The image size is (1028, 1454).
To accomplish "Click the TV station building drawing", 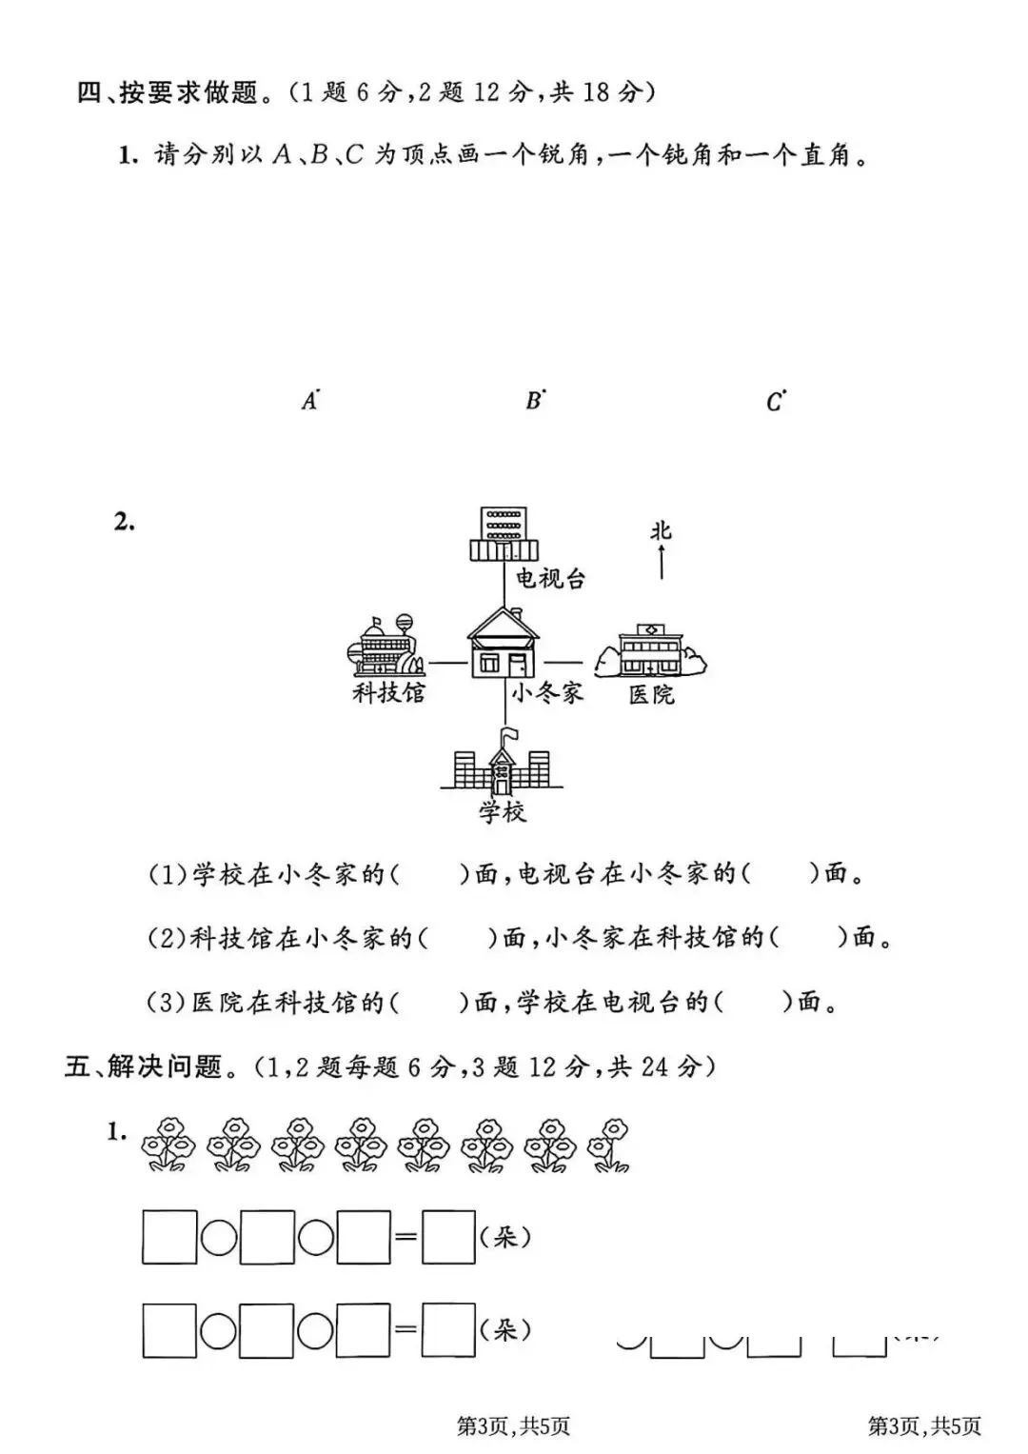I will click(504, 534).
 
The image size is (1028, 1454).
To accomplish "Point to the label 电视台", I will click(550, 578).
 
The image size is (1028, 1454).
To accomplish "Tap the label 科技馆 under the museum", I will click(388, 692).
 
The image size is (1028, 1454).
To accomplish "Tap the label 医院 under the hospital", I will click(651, 694).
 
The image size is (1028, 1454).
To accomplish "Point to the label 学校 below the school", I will click(502, 812).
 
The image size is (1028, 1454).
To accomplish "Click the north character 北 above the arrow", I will click(661, 530).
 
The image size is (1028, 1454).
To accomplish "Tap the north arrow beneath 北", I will click(661, 565).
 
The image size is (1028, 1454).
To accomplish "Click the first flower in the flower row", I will click(168, 1144).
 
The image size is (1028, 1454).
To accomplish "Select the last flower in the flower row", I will click(609, 1144).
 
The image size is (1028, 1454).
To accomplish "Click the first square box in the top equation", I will click(169, 1237).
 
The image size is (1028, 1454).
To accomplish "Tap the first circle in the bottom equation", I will click(218, 1330).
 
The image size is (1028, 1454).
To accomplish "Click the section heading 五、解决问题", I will click(143, 1066).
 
